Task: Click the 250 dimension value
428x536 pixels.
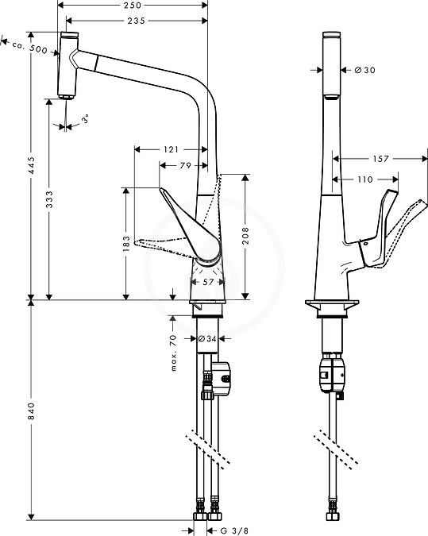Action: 133,5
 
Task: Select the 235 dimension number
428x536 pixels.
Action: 136,21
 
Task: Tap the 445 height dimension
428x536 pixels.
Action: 31,165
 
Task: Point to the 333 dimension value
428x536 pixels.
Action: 49,199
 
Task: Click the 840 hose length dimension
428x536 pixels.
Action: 31,411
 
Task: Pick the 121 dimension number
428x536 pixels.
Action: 171,149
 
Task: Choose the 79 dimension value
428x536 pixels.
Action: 185,165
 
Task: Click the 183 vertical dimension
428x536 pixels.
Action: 126,244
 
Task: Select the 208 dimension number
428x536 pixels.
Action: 245,236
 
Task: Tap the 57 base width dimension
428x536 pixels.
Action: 208,282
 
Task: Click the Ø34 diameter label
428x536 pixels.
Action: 207,339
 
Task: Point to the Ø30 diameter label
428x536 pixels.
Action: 365,70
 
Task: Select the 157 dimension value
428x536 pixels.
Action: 381,159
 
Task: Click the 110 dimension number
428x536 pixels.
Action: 365,179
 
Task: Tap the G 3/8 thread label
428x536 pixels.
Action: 234,530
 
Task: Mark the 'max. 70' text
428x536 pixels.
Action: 174,353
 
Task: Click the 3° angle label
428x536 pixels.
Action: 86,118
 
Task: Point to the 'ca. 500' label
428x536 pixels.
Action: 30,47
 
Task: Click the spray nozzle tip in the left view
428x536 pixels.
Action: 65,97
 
